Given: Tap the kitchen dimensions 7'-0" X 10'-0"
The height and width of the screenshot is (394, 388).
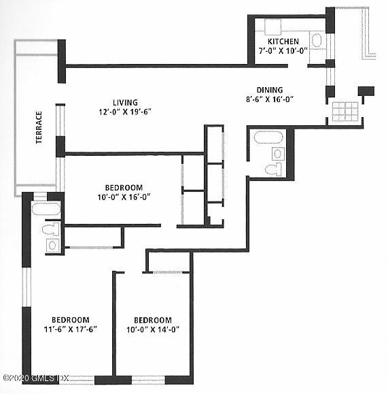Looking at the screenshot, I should coord(283,50).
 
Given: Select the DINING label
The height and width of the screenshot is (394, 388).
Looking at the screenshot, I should coord(269,90).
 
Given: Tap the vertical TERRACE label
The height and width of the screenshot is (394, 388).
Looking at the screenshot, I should coord(39,127).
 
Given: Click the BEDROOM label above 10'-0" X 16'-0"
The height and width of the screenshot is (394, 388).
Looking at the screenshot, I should coord(123,188).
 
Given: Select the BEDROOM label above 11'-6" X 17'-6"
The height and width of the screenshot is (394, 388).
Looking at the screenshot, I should coord(71,320).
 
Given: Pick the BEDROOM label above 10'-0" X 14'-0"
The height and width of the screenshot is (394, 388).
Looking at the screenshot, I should coord(152,320).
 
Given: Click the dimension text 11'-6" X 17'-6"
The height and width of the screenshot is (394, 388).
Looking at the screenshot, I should coord(71,329).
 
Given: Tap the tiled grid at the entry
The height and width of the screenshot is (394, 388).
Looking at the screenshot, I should coord(346,111).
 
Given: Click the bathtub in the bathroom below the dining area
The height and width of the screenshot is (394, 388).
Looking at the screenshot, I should coord(267,140).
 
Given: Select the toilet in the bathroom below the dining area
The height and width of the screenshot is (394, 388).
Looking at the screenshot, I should coord(273,168).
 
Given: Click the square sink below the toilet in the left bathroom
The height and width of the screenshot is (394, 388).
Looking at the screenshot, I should coord(52,246).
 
